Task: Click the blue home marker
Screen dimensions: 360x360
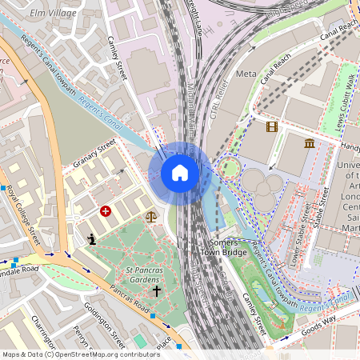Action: click(180, 173)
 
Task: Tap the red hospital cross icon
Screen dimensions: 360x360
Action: click(105, 211)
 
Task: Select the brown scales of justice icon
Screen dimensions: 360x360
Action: click(151, 216)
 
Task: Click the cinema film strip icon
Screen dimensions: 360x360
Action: click(272, 126)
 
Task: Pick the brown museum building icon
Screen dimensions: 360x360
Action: click(310, 143)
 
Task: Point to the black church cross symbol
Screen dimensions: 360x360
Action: click(157, 292)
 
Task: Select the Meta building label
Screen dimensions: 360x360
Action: click(246, 74)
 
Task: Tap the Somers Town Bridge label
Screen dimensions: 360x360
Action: click(228, 247)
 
